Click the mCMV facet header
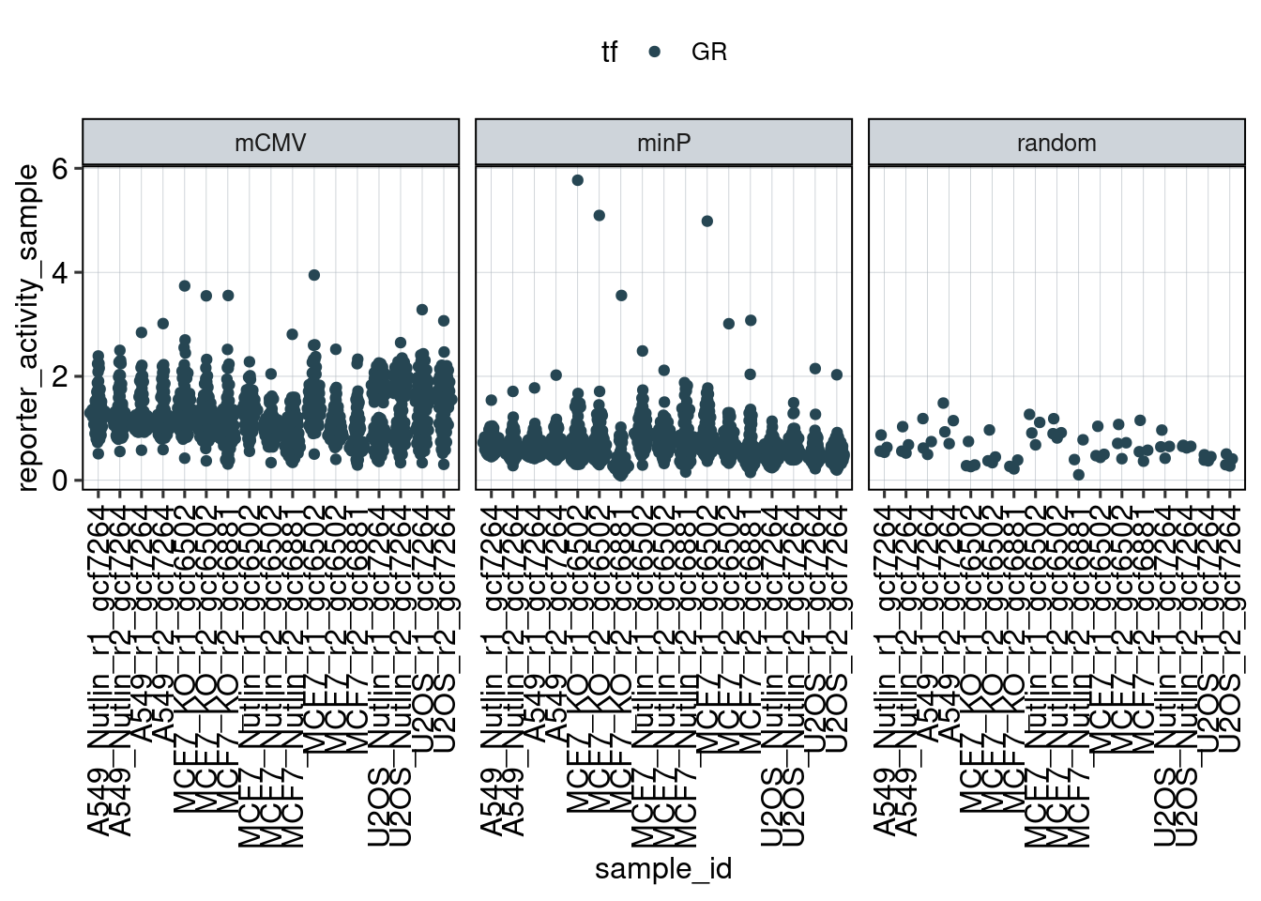(x=270, y=143)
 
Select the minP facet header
(x=663, y=143)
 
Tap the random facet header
(x=1056, y=143)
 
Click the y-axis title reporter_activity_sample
(x=28, y=327)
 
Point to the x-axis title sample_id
(x=663, y=868)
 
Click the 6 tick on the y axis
(x=61, y=169)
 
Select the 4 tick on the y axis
(x=61, y=273)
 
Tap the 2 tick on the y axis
(x=61, y=377)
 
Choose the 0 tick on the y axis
(x=61, y=481)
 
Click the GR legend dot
(x=655, y=53)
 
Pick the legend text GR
(x=709, y=53)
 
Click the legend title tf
(x=610, y=53)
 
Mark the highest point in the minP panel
(x=578, y=180)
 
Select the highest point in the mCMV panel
(x=314, y=275)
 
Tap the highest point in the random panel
(x=943, y=404)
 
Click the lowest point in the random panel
(x=1079, y=475)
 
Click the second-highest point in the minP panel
(x=600, y=216)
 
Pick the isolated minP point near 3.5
(x=621, y=296)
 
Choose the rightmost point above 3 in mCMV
(x=444, y=321)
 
